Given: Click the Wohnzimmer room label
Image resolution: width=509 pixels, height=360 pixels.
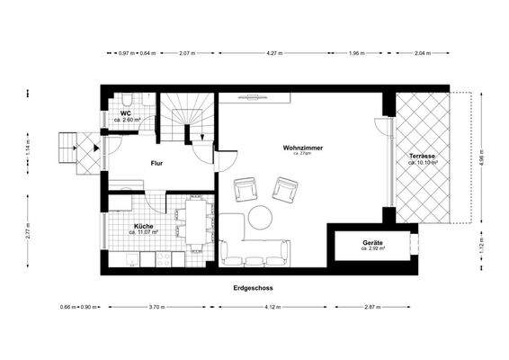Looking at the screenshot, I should tap(302, 147).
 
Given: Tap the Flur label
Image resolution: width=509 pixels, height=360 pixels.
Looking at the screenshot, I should tap(158, 165).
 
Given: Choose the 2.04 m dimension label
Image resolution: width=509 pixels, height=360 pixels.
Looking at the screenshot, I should tap(421, 53).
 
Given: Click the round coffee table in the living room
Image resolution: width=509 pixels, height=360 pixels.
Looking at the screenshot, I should tap(261, 218).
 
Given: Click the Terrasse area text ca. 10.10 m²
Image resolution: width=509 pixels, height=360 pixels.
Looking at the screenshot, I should tap(423, 164).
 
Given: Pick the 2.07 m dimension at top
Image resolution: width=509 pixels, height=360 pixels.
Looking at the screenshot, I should tap(186, 53).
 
